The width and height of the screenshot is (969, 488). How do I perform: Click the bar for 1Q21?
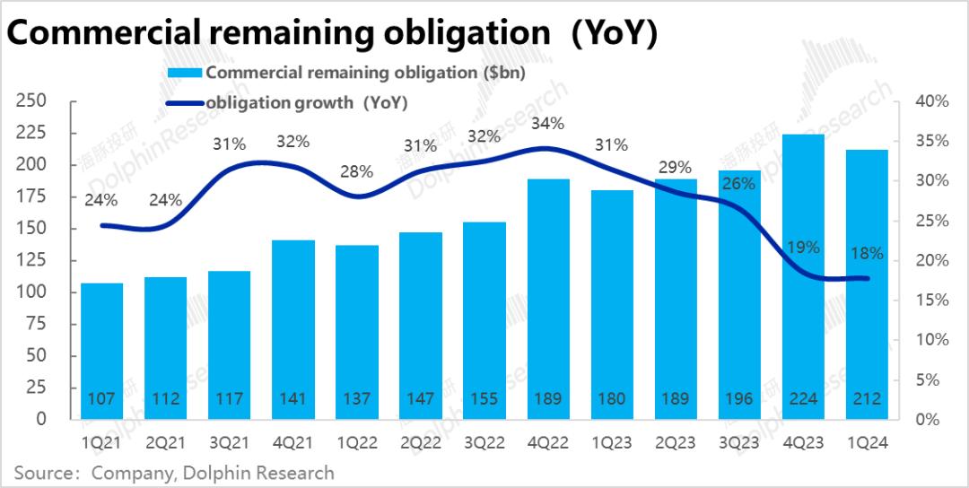click(102, 351)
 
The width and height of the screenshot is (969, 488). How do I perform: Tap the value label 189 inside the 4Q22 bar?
click(548, 399)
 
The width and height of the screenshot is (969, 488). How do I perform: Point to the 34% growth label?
click(547, 124)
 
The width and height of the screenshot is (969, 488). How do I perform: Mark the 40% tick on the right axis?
click(930, 101)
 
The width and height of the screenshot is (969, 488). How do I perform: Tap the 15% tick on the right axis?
click(930, 300)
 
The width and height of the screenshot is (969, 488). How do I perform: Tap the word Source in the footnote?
click(42, 472)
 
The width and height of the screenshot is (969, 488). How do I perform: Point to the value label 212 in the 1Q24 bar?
click(867, 399)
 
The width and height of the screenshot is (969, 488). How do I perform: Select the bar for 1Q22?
click(357, 332)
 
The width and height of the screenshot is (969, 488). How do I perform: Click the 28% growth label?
click(357, 172)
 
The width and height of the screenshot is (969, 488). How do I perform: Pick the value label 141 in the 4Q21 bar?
click(293, 399)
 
